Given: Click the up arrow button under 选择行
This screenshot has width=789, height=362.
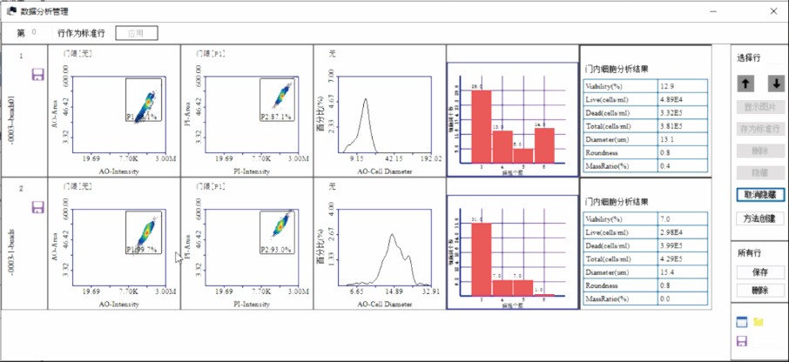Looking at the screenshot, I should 746,84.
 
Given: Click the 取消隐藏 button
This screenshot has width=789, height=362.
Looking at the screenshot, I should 760,196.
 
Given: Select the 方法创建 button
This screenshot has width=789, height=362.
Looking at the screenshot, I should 760,218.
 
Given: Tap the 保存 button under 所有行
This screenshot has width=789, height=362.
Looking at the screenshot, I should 760,272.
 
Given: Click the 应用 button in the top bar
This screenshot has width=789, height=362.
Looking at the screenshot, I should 136,33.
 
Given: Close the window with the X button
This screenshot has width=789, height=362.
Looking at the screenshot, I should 773,11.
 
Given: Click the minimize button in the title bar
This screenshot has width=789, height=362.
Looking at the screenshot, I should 713,11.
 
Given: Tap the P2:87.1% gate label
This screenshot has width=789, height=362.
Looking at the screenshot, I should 276,116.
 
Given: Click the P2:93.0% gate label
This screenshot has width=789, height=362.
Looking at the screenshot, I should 276,250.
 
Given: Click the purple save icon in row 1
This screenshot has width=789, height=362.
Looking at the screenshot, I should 37,75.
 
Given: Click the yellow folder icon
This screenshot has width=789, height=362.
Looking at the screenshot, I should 759,322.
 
